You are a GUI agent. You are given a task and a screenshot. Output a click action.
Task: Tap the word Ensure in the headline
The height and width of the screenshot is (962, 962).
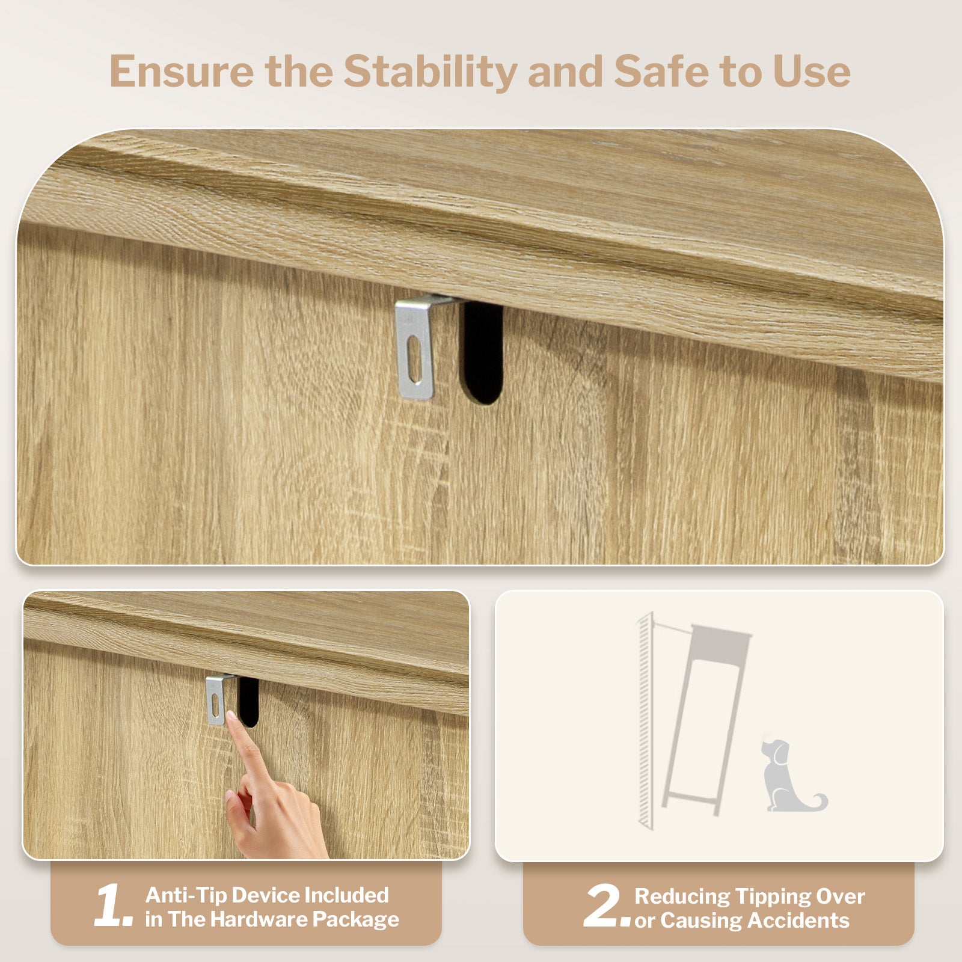182,72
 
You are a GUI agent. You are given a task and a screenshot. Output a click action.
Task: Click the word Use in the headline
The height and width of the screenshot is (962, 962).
812,72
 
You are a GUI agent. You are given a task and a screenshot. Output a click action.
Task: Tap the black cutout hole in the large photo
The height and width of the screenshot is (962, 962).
482,352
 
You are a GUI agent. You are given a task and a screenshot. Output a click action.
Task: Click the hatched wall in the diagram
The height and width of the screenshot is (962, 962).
645,721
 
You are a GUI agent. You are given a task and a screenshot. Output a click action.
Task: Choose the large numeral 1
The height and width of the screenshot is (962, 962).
114,905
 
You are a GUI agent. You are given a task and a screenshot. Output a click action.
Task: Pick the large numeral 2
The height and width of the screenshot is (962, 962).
607,905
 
